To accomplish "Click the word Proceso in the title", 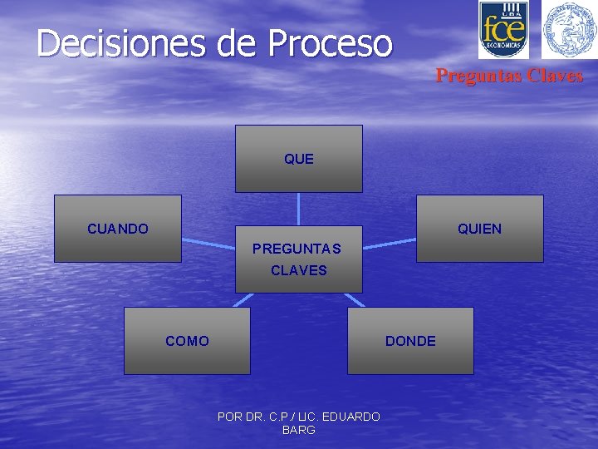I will (328, 43).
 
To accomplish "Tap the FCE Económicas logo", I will (503, 30).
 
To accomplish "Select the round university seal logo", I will (569, 30).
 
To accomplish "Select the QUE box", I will (299, 159).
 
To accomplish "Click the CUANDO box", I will (118, 229).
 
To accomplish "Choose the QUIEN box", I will (480, 229).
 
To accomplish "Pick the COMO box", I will (187, 341).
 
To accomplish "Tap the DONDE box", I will (410, 341).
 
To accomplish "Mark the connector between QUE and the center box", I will (299, 209).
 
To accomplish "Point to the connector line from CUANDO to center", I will (208, 243).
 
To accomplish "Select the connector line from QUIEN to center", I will (390, 244).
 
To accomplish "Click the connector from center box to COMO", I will (242, 300).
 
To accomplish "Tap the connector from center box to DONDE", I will (354, 300).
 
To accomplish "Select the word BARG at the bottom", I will (299, 430).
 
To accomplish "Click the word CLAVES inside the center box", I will (299, 270).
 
